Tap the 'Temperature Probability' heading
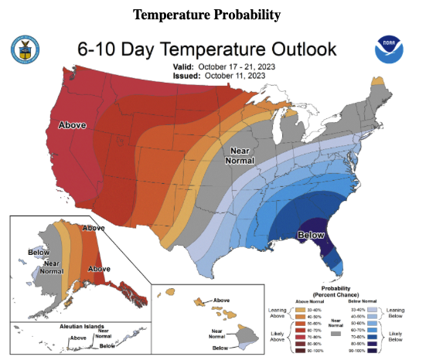point(206,15)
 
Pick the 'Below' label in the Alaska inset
point(38,252)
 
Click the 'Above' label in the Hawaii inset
point(221,300)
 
